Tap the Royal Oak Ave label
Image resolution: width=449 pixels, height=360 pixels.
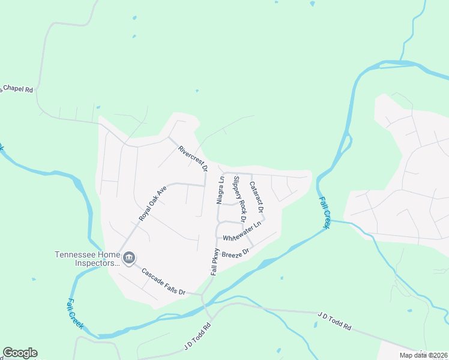click(152, 203)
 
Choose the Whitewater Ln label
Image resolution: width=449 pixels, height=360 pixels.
click(243, 231)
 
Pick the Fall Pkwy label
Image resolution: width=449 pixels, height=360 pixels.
click(215, 262)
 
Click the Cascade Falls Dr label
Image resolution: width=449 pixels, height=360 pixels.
click(163, 281)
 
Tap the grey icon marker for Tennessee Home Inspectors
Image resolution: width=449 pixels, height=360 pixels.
click(129, 258)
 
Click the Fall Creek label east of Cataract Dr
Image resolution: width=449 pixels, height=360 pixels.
click(325, 212)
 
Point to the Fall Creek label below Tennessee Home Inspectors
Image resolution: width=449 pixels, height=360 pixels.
click(75, 314)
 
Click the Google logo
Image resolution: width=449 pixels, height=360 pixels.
click(20, 353)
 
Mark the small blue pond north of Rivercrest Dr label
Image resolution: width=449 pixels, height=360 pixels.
click(197, 92)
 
